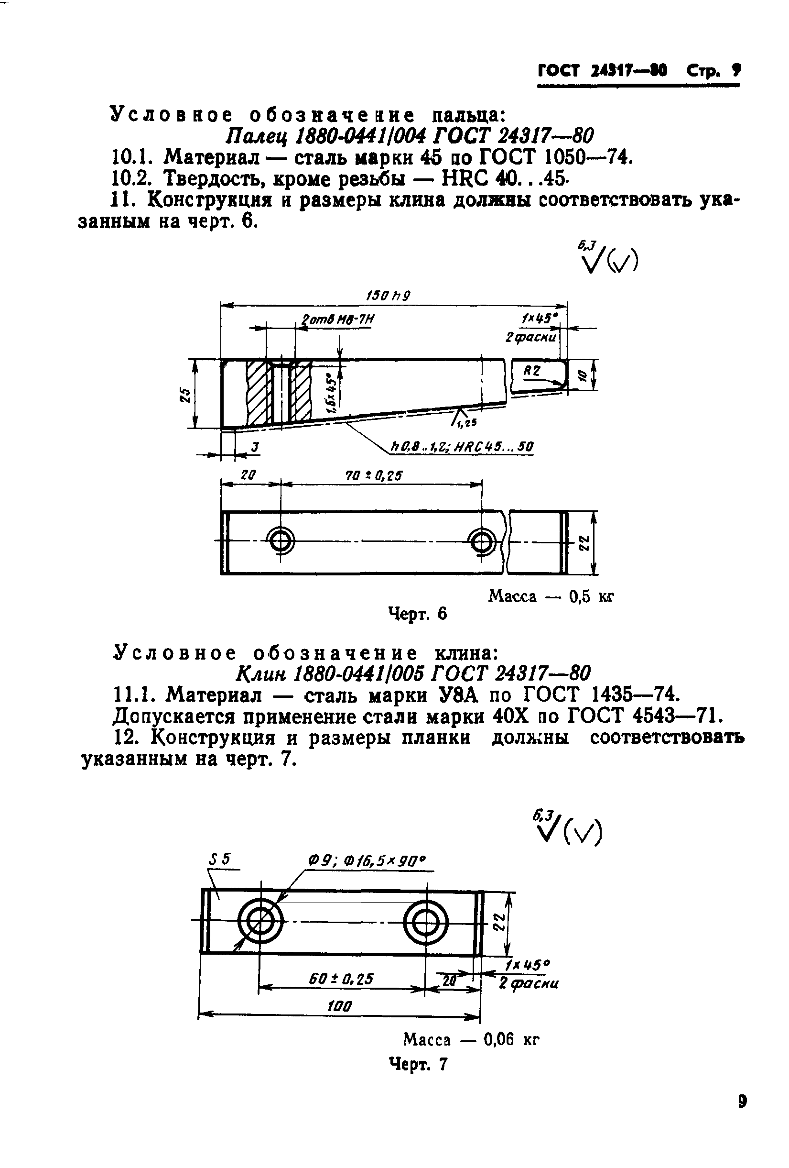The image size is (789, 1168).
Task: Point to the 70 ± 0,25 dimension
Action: (374, 475)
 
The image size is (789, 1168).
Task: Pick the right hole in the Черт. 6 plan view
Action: (482, 541)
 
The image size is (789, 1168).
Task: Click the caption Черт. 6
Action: (417, 614)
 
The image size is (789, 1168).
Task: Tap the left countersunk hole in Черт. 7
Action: (260, 922)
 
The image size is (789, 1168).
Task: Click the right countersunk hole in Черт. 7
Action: (426, 922)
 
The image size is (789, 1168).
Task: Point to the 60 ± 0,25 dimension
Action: (341, 978)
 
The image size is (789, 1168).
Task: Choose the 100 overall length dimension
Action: (339, 1006)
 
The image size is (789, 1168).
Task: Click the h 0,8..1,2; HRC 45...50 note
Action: (462, 446)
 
